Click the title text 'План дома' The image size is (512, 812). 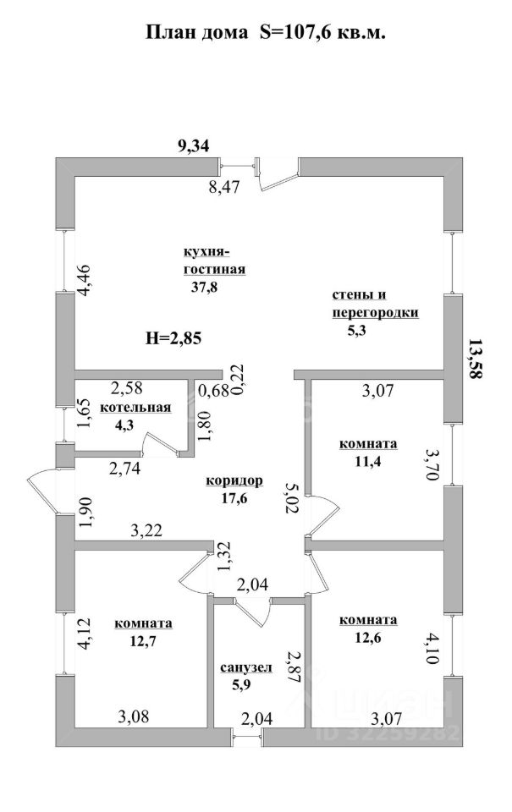click(194, 32)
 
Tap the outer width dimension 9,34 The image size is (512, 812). click(193, 145)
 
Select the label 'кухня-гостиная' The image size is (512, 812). click(214, 261)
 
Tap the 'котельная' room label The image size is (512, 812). click(135, 408)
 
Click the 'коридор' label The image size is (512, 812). click(234, 480)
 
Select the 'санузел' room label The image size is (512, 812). click(245, 667)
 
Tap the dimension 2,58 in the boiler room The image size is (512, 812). click(127, 388)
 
